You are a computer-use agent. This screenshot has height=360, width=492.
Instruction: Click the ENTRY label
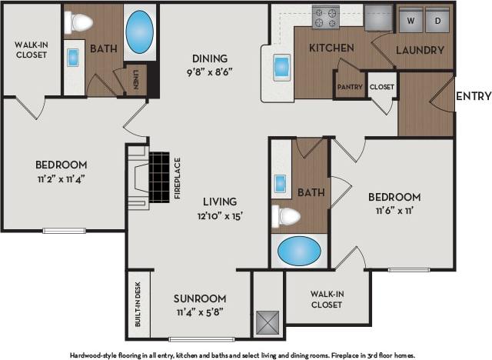point(473,96)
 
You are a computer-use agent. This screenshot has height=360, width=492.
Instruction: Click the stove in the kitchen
point(325,16)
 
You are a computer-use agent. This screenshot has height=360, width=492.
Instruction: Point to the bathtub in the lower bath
point(299,250)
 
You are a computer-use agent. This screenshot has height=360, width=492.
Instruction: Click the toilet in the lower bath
point(286,216)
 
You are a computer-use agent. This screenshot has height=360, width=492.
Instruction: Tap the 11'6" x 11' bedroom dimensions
point(398,211)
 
